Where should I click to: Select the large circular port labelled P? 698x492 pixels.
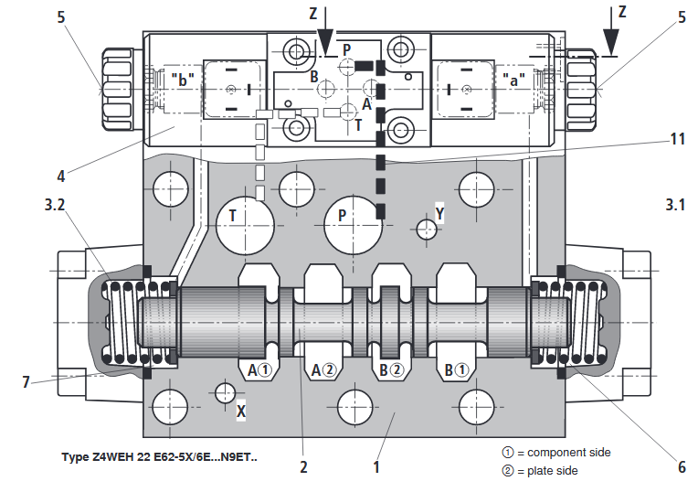[353, 226]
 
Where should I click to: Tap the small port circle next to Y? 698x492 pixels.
[427, 230]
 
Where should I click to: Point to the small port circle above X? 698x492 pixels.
[225, 393]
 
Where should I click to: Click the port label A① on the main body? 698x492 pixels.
[259, 369]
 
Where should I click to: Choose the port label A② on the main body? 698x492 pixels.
[323, 369]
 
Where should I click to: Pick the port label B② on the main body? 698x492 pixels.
[391, 369]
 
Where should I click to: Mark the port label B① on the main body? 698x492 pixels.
[456, 369]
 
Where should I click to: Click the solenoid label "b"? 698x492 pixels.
[183, 80]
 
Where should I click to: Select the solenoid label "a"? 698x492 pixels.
[513, 80]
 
